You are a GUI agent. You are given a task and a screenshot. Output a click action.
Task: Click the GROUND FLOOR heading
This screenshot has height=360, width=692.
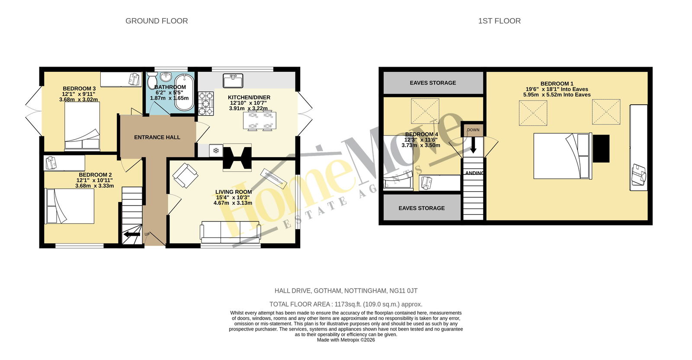click(157, 21)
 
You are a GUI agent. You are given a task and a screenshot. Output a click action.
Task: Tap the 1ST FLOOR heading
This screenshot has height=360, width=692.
click(500, 21)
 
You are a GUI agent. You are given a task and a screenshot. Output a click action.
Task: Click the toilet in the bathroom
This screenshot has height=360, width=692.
click(152, 80)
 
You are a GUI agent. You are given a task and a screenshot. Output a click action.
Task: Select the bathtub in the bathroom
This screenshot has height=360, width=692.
click(184, 92)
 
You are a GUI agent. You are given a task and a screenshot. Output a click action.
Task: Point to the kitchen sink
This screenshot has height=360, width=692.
click(233, 80)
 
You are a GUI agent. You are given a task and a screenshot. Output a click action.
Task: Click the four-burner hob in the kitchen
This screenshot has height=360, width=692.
click(206, 103)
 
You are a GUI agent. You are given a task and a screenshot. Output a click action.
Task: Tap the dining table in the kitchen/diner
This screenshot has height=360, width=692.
click(259, 121)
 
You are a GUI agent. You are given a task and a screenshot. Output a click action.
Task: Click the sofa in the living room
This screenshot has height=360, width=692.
click(231, 232)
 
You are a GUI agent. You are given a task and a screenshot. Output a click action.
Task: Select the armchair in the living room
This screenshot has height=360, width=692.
click(186, 176)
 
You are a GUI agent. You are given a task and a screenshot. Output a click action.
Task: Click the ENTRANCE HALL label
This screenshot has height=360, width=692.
click(157, 137)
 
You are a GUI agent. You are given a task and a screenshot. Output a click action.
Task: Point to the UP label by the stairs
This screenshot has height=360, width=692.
click(147, 234)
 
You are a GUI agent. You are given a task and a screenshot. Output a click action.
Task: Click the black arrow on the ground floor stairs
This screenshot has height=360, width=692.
click(132, 235)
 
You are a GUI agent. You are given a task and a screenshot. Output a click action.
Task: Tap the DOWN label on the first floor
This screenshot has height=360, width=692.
click(473, 130)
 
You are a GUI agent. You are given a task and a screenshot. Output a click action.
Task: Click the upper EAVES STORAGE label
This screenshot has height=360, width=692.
click(433, 83)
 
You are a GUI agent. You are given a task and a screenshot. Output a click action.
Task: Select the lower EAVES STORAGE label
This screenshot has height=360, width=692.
click(422, 208)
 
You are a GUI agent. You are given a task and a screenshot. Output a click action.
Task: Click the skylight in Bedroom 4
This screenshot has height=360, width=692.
click(425, 111)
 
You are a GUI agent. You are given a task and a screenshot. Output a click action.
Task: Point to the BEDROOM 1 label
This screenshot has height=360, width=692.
click(557, 84)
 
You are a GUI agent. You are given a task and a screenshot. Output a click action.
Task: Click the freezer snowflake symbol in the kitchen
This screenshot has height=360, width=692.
click(216, 151)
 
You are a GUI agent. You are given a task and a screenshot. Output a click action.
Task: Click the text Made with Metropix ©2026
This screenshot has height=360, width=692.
click(346, 340)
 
